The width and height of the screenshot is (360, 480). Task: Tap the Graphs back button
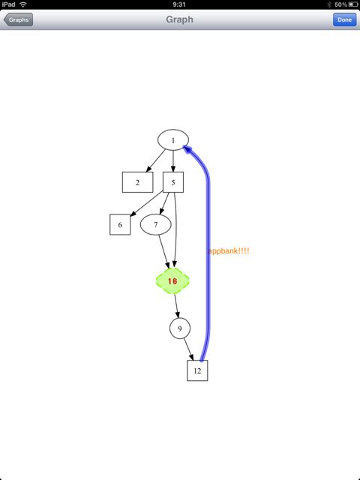pyautogui.click(x=18, y=19)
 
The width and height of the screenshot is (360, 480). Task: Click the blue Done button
pyautogui.click(x=344, y=19)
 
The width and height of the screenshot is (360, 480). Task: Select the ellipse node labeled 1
pyautogui.click(x=173, y=140)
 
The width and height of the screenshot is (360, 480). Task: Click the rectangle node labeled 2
pyautogui.click(x=137, y=182)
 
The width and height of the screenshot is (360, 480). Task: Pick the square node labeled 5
pyautogui.click(x=173, y=182)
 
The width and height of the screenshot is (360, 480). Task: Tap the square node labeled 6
pyautogui.click(x=120, y=224)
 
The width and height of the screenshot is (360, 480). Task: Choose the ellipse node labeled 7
pyautogui.click(x=155, y=224)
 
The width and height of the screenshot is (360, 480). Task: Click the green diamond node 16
pyautogui.click(x=172, y=281)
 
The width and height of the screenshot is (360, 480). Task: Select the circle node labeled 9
pyautogui.click(x=180, y=328)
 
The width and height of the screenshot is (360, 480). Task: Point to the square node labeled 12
pyautogui.click(x=197, y=370)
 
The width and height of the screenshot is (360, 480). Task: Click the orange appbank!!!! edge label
pyautogui.click(x=229, y=251)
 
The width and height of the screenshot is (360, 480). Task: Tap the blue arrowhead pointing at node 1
pyautogui.click(x=187, y=148)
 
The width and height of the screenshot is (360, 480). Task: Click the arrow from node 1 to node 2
pyautogui.click(x=156, y=160)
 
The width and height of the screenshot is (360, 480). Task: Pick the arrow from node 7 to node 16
pyautogui.click(x=163, y=252)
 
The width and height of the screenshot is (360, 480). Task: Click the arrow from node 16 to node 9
pyautogui.click(x=177, y=306)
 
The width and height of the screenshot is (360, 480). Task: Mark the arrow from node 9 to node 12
pyautogui.click(x=189, y=349)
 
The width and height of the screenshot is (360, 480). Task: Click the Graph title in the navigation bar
pyautogui.click(x=179, y=19)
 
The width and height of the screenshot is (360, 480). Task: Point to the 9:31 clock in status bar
pyautogui.click(x=179, y=4)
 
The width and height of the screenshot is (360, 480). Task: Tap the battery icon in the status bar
pyautogui.click(x=352, y=4)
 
